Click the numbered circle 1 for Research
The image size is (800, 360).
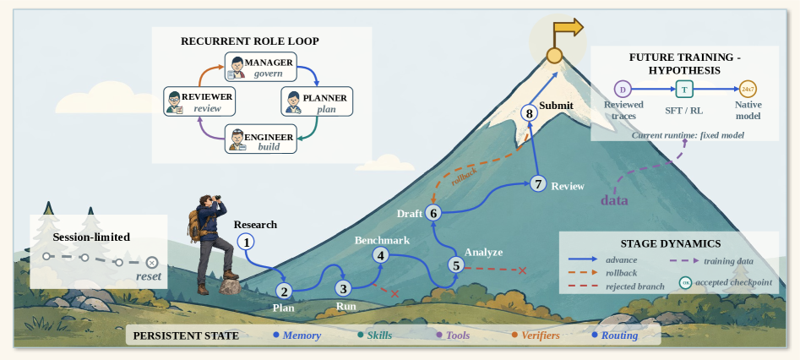pos(246,242)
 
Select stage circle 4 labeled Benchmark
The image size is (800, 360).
pos(381,255)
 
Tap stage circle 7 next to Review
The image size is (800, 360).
pos(538,183)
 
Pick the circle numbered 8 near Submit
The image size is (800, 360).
pos(529,113)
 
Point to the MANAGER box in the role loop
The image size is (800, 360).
pos(261,67)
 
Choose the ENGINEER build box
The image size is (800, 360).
pos(261,139)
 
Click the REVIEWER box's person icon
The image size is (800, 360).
pos(175,101)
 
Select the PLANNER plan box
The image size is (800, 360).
pos(317,101)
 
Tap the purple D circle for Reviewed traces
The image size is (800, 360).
pos(622,90)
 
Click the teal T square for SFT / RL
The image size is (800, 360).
pos(684,90)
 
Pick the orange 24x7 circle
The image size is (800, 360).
pos(748,90)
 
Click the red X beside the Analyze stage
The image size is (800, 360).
pos(522,270)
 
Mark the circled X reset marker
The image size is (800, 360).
pos(151,263)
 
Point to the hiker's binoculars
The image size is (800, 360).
pos(218,198)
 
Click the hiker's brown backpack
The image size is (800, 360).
pos(194,226)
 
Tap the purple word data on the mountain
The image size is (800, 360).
pos(614,199)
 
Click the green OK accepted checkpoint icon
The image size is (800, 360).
pos(686,282)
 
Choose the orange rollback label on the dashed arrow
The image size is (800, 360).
pos(464,175)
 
